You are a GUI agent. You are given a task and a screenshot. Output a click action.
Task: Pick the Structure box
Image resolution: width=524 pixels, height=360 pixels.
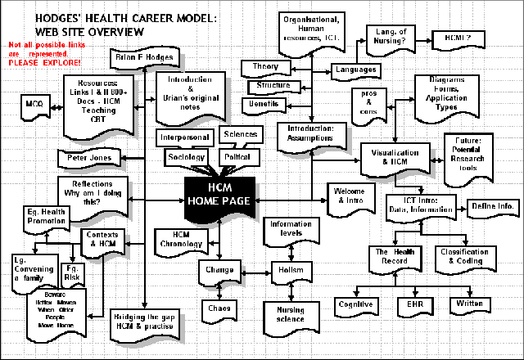[x=273, y=85]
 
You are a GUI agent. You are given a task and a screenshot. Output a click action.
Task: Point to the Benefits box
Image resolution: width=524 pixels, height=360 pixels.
[x=266, y=104]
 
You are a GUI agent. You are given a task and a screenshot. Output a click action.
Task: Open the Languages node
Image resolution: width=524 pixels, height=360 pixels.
[x=357, y=70]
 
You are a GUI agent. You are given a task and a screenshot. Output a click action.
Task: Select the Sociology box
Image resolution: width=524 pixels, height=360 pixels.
[x=187, y=155]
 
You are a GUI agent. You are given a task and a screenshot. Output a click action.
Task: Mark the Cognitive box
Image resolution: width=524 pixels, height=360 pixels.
[x=356, y=304]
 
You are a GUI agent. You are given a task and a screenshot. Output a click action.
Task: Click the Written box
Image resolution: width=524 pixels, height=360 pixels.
[x=469, y=304]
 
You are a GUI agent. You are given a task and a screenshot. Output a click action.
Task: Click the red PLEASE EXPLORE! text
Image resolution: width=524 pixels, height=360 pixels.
[x=44, y=62]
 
